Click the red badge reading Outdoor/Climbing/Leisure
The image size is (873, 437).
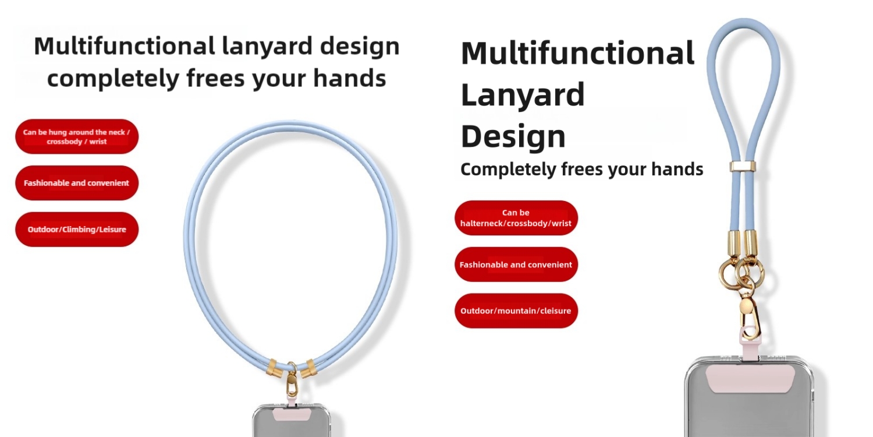77,230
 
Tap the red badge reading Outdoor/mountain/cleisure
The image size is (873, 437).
516,311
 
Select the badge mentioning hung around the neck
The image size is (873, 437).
77,136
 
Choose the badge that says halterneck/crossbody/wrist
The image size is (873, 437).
516,218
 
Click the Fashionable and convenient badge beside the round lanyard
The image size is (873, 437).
77,183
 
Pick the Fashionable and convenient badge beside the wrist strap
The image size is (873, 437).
516,265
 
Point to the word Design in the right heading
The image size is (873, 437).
513,136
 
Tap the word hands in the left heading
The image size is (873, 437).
350,78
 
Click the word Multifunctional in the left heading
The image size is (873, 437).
125,45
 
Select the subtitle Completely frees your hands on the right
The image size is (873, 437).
582,170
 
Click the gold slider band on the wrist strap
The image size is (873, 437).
743,167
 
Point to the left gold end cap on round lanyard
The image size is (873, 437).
274,368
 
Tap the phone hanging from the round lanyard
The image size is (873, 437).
292,421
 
